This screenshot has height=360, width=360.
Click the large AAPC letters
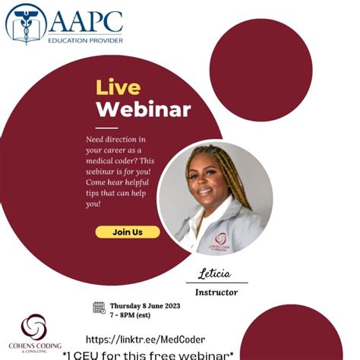pos(86,20)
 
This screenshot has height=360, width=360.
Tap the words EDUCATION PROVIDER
pos(86,39)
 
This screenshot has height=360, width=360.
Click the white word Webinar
pos(143,109)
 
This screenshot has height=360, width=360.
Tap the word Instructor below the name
pos(216,291)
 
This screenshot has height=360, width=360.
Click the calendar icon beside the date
pos(99,308)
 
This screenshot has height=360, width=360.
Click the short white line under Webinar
pos(106,127)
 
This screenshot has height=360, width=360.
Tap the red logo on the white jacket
pos(219,240)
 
